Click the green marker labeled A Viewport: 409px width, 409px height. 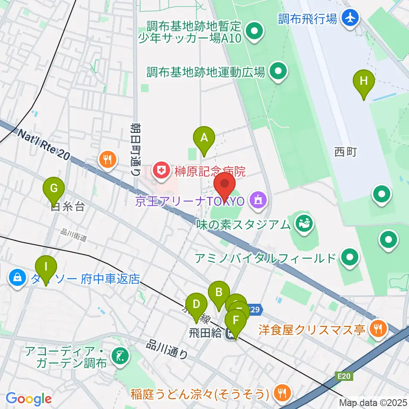tap(204, 138)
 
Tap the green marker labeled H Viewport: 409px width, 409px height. tap(363, 81)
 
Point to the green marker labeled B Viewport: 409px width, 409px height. tap(219, 292)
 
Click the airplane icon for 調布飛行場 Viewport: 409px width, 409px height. tap(351, 18)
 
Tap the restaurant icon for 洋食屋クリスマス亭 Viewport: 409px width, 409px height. tap(377, 329)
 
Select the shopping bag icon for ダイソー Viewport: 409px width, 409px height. tap(17, 279)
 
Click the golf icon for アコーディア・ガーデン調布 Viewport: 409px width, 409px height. tap(119, 357)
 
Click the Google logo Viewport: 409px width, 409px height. tap(29, 399)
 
